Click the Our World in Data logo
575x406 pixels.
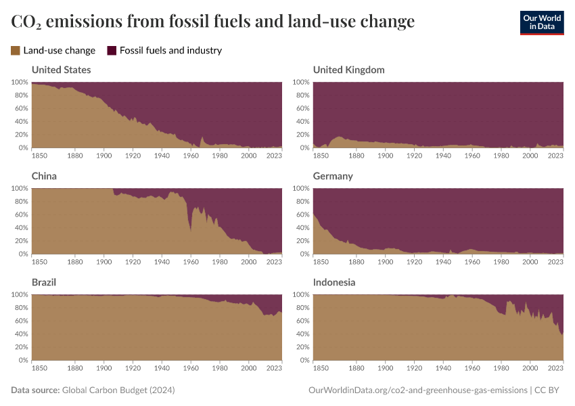[541, 22]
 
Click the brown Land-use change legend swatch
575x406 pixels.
[16, 50]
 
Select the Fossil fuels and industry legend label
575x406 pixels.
[170, 50]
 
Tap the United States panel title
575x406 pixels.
[61, 70]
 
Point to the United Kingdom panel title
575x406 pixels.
[348, 70]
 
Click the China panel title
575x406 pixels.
[44, 176]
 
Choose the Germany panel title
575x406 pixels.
[333, 176]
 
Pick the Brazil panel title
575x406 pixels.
[44, 282]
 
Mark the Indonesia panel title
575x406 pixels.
[334, 282]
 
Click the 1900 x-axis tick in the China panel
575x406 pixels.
[104, 261]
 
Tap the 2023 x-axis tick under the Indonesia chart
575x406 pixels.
[555, 367]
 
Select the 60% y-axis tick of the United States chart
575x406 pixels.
[20, 108]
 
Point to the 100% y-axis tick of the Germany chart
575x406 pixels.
[301, 188]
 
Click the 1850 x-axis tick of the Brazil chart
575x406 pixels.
[40, 367]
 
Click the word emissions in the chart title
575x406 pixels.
[82, 22]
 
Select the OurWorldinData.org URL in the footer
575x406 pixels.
[417, 390]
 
